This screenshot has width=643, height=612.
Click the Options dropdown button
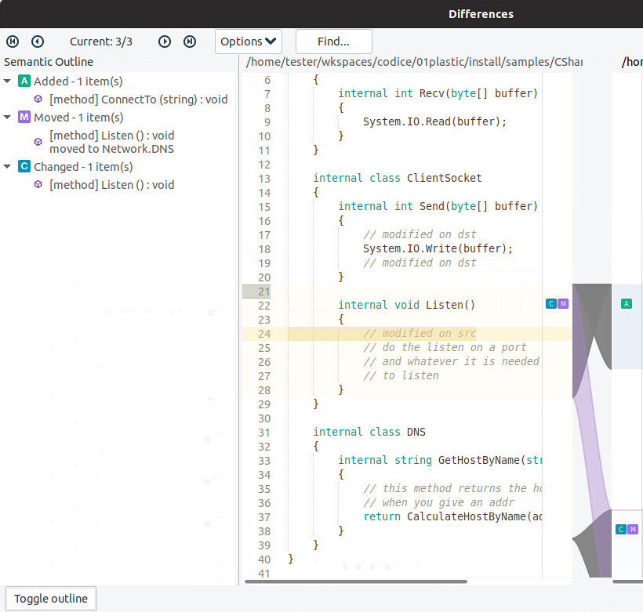(x=248, y=42)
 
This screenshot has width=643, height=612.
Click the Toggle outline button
(x=51, y=599)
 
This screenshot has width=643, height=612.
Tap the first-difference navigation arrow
(x=13, y=42)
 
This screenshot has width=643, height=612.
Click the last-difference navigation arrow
(x=190, y=42)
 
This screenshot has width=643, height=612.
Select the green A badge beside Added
(x=24, y=81)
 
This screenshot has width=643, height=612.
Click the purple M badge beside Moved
(x=24, y=118)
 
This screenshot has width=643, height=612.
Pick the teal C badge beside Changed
(x=24, y=166)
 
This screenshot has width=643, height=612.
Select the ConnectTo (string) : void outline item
(x=138, y=100)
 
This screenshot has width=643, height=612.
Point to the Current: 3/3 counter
(x=101, y=42)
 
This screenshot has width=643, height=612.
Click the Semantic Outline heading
(x=49, y=62)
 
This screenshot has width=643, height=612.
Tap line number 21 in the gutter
(x=263, y=292)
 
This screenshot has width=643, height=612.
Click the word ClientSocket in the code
(x=444, y=178)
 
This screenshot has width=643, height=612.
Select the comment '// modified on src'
(x=420, y=334)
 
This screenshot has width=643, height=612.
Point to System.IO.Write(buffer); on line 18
(x=438, y=248)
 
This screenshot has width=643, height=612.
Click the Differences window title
(x=481, y=14)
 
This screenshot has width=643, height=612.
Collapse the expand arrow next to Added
(x=8, y=81)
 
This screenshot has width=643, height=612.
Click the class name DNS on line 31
(x=416, y=432)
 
